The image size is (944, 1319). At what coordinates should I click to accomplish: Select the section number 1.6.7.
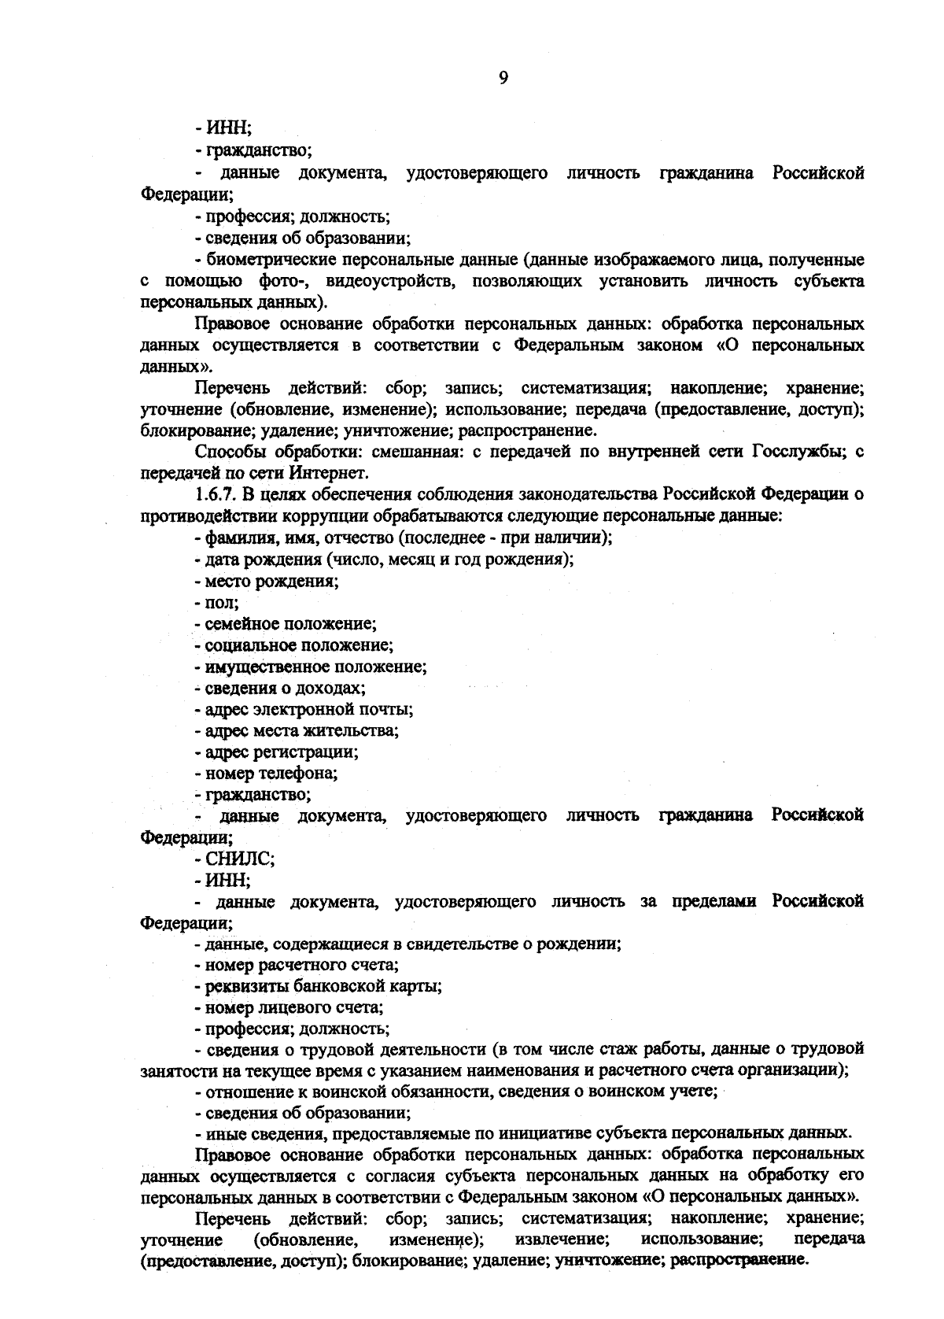(x=216, y=494)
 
